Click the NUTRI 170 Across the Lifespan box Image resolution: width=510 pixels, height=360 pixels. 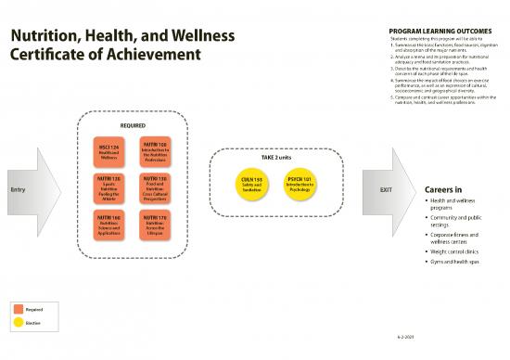pyautogui.click(x=155, y=225)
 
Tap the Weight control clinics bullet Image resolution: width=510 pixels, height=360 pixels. pyautogui.click(x=453, y=251)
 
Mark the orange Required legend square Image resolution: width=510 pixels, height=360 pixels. pyautogui.click(x=17, y=308)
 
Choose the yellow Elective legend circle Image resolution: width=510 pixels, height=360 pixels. pyautogui.click(x=17, y=323)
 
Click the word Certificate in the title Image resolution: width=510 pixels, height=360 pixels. pyautogui.click(x=45, y=56)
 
